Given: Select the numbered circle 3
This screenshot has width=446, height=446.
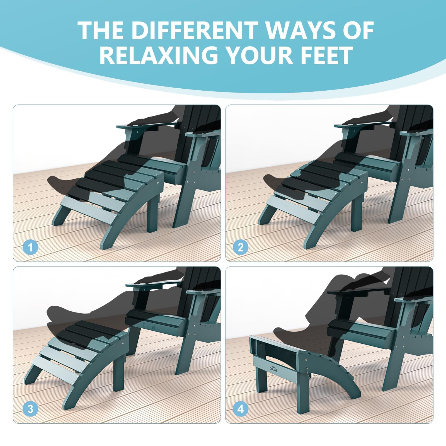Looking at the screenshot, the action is tap(30, 409).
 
